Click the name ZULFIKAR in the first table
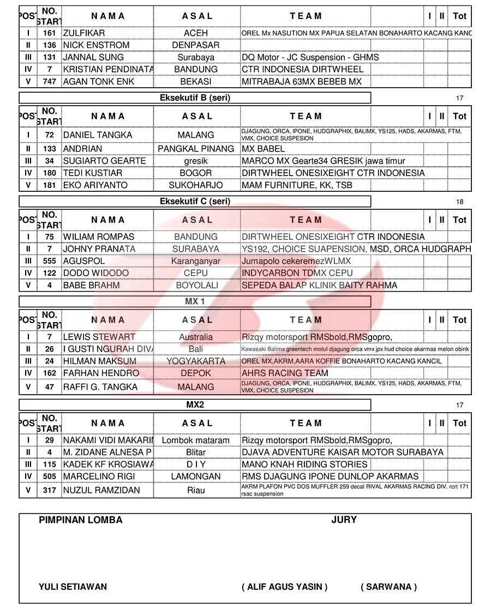(x=84, y=33)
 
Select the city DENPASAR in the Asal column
(x=195, y=45)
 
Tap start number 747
(x=49, y=82)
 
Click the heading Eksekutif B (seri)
(x=195, y=98)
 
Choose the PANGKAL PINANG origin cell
(x=196, y=149)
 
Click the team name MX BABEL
(x=263, y=149)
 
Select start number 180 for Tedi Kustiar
(x=49, y=173)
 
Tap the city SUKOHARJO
(x=196, y=185)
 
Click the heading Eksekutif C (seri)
(x=195, y=202)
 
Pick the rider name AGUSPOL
(x=84, y=261)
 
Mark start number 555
(x=49, y=261)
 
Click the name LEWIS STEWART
(x=99, y=337)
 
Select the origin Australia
(x=196, y=337)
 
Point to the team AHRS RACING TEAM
(x=285, y=373)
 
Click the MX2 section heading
(x=195, y=405)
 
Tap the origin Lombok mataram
(x=196, y=440)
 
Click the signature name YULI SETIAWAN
(x=73, y=587)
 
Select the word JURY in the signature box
(x=344, y=520)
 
